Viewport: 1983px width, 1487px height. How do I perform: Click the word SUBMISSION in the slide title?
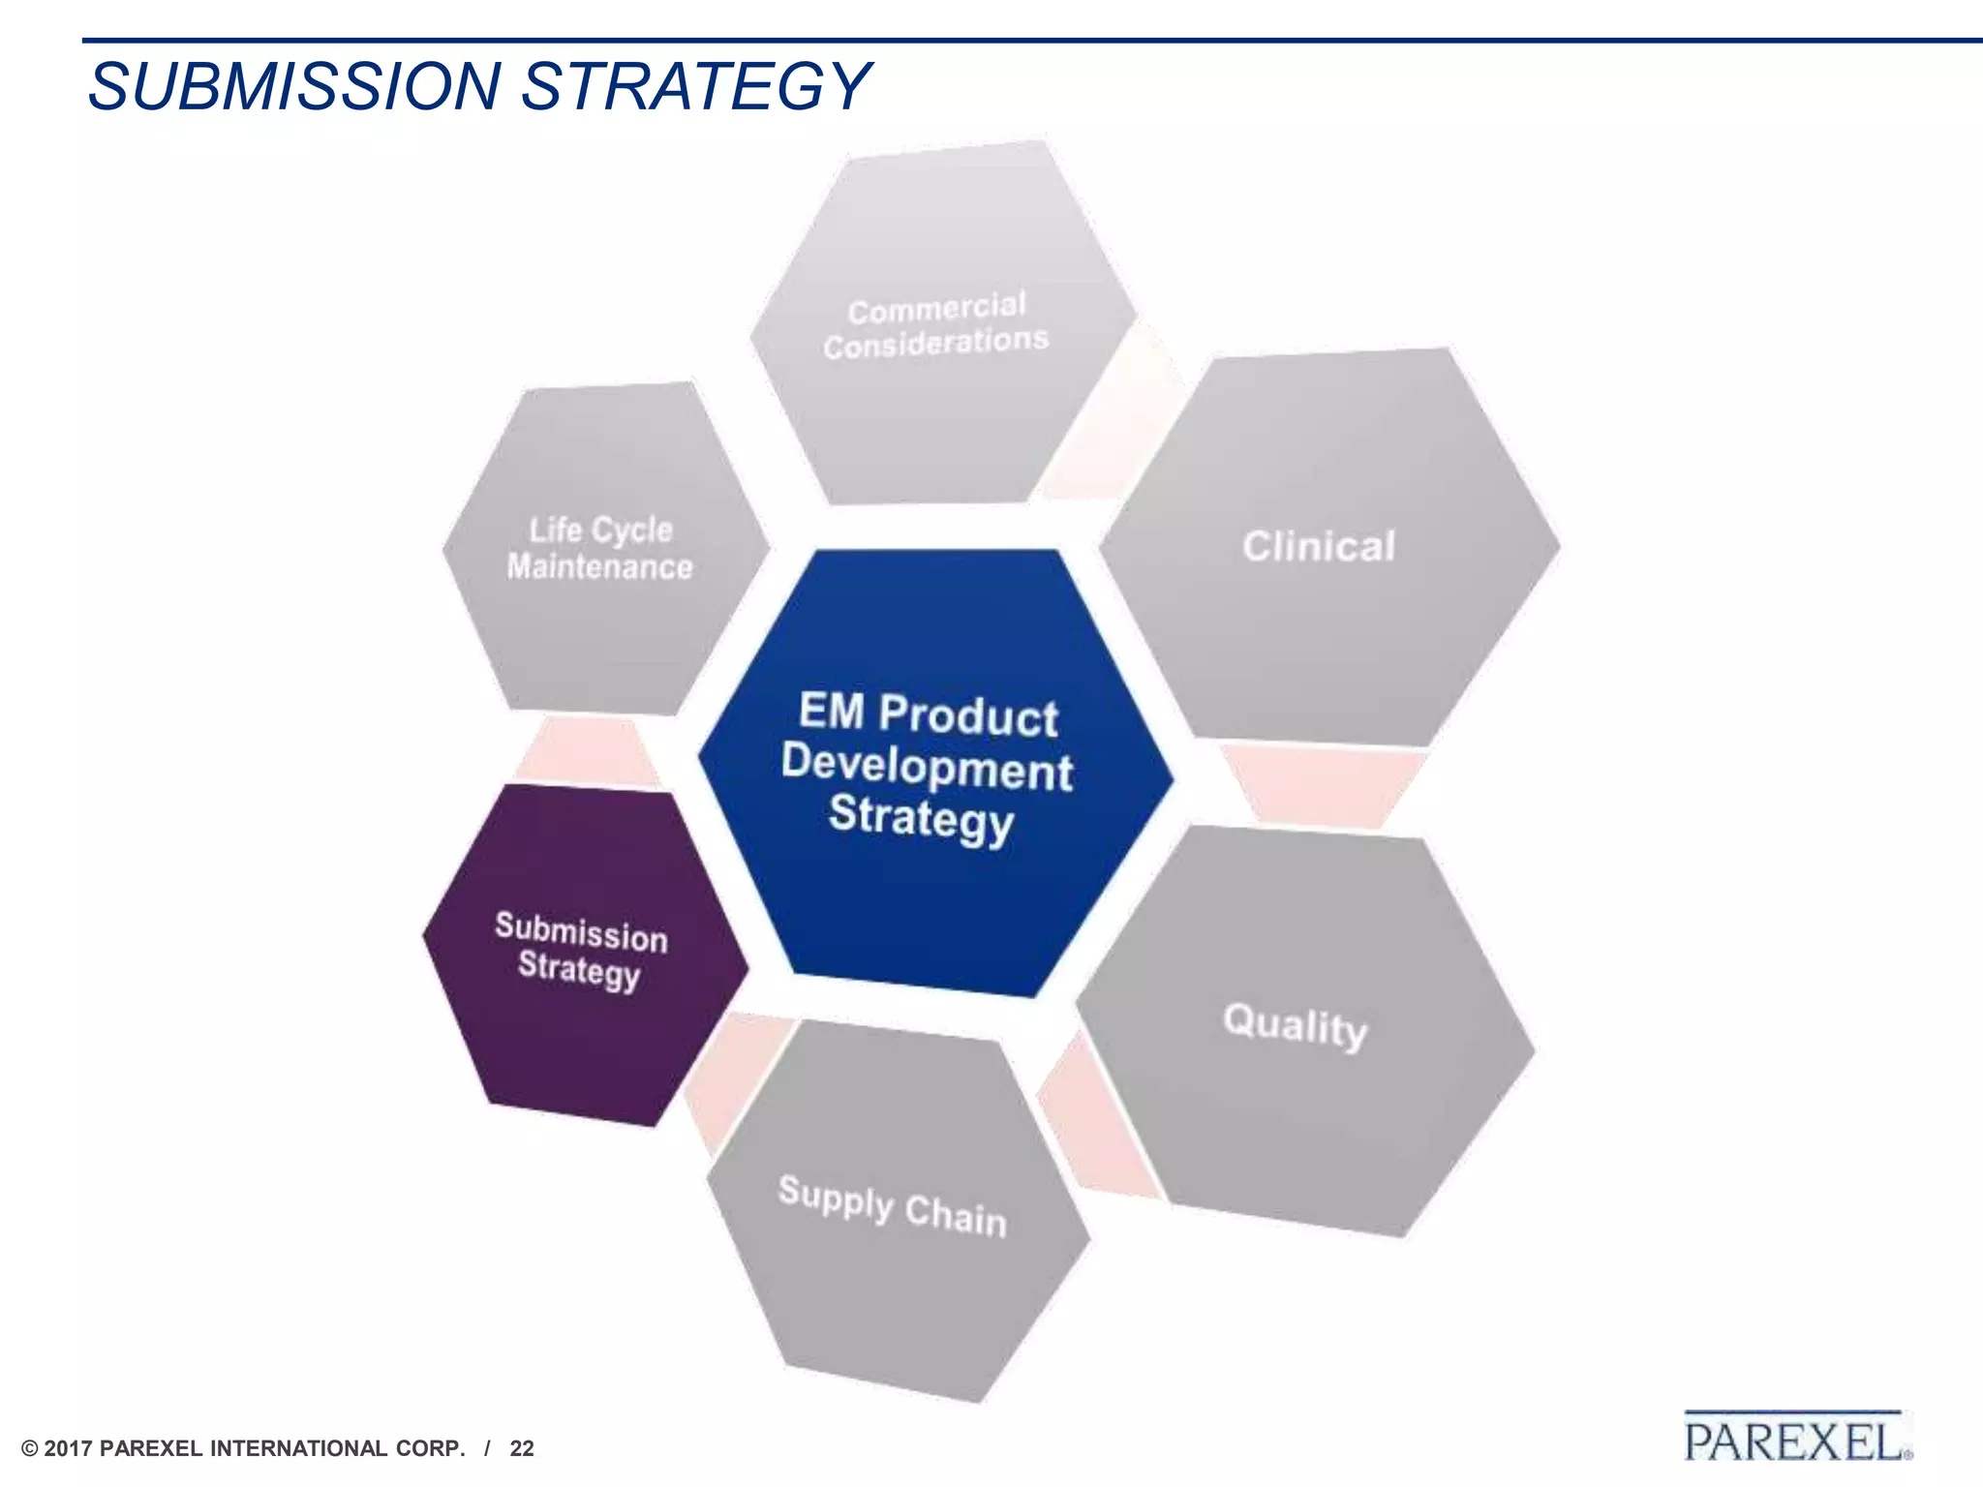[x=293, y=86]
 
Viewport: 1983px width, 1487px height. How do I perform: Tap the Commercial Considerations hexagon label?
[x=935, y=325]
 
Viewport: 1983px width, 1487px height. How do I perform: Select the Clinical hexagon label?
[x=1319, y=547]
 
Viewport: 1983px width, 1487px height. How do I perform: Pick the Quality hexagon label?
[x=1295, y=1026]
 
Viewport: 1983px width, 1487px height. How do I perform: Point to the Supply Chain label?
[x=892, y=1206]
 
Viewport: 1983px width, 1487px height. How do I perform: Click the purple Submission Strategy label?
[x=580, y=951]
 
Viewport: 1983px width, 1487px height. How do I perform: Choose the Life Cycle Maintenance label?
[x=600, y=549]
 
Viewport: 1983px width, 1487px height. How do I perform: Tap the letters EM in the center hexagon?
[x=831, y=711]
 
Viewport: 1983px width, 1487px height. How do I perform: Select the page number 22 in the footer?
[x=522, y=1449]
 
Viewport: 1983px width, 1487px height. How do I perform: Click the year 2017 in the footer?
[x=69, y=1449]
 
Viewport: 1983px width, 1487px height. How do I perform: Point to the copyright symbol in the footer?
[x=29, y=1449]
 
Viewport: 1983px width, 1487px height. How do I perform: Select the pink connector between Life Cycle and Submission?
[x=586, y=751]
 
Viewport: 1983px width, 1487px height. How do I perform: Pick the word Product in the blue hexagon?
[x=968, y=715]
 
